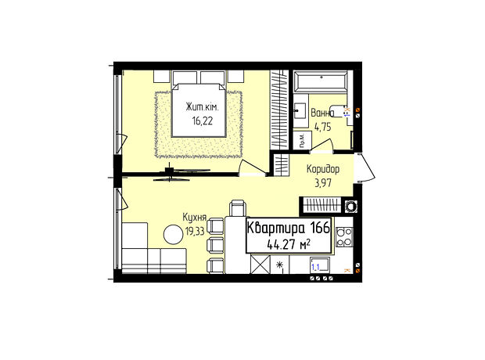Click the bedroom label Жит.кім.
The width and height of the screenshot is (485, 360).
click(x=202, y=107)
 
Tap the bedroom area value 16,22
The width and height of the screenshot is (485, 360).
click(x=203, y=121)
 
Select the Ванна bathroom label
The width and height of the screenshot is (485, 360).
click(x=322, y=113)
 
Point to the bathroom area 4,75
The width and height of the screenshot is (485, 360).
click(x=322, y=127)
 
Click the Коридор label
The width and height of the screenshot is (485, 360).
click(x=323, y=169)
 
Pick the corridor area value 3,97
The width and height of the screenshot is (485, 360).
click(x=323, y=183)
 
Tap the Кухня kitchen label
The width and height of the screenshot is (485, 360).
click(x=194, y=218)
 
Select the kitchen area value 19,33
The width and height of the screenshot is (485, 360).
click(x=195, y=231)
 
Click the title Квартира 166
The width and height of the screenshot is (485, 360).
click(x=289, y=228)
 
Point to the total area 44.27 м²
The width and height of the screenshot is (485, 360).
click(x=289, y=245)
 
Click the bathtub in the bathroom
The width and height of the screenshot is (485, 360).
click(x=321, y=81)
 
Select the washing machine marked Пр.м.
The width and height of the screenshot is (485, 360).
click(x=302, y=141)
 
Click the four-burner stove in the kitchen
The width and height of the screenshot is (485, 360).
click(x=344, y=237)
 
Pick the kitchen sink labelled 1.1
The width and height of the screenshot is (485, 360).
click(x=320, y=265)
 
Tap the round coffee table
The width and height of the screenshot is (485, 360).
click(x=173, y=235)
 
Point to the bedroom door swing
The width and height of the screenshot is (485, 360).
click(x=252, y=167)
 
